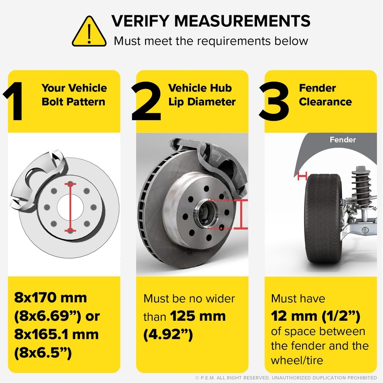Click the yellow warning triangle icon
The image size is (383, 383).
click(x=89, y=32)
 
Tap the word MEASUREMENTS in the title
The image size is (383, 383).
click(x=242, y=21)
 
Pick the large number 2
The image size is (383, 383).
click(x=146, y=101)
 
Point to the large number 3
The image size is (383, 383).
click(x=274, y=101)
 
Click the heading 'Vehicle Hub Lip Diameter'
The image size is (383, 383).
click(x=202, y=95)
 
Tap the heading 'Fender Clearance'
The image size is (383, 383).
click(x=325, y=95)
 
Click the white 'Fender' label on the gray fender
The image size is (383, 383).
click(x=342, y=140)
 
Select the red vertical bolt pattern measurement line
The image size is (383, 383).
click(x=70, y=207)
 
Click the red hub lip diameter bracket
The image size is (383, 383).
click(x=241, y=214)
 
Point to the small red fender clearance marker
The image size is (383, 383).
click(x=302, y=176)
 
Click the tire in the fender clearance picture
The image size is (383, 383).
click(x=323, y=219)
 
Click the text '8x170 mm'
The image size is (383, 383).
click(x=50, y=298)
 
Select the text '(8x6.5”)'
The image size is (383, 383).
click(x=43, y=352)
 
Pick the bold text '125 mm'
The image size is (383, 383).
click(x=198, y=316)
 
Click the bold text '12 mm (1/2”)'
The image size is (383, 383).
click(x=315, y=316)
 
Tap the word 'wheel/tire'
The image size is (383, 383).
click(x=297, y=360)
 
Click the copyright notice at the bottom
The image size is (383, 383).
click(x=286, y=378)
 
